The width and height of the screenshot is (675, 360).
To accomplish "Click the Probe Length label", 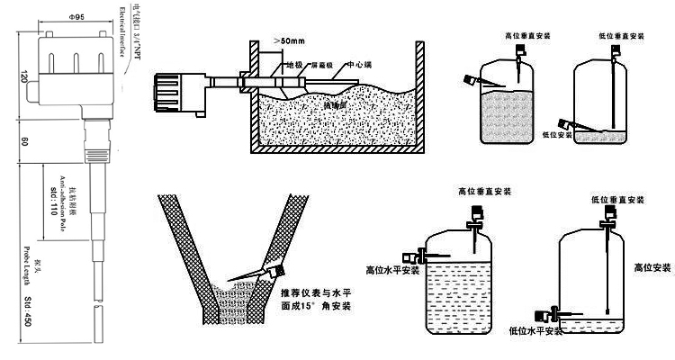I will [x=17, y=270].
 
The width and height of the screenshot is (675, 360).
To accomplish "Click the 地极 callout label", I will [x=293, y=65].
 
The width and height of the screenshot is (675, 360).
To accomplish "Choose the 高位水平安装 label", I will [x=393, y=268].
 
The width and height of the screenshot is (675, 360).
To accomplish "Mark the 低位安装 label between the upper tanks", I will [x=557, y=134].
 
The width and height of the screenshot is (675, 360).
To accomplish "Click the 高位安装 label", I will [x=652, y=267].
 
